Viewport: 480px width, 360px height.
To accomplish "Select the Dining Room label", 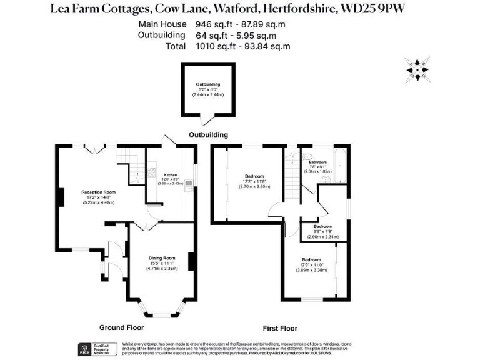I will point(161,257).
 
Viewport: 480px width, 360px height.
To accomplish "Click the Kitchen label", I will point(171,175).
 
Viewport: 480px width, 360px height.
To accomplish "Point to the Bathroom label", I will point(317,162).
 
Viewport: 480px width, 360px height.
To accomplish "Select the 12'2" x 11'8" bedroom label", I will point(254,176).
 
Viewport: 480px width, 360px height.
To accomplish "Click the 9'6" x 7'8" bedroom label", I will point(322,226).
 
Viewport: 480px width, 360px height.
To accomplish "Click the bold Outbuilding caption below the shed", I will point(208,134).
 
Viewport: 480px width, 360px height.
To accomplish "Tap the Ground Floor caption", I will point(122,327).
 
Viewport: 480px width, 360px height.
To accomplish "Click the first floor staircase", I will point(292,167).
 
